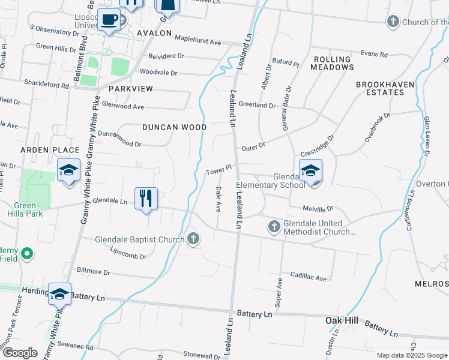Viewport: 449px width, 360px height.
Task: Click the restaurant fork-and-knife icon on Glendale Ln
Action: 145,197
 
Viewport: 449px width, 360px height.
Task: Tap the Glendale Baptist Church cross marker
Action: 193,239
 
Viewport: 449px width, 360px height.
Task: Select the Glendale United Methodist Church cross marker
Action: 274,226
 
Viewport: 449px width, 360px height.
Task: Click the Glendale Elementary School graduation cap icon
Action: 310,171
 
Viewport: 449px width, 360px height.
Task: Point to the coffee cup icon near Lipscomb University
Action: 109,19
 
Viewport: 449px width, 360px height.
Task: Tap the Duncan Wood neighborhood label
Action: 175,127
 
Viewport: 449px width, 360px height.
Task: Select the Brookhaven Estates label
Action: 385,88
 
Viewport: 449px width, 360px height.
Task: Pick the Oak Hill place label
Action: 342,320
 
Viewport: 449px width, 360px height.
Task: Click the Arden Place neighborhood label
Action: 50,149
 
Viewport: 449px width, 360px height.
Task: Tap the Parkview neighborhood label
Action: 131,88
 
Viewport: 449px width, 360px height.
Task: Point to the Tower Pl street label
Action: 218,171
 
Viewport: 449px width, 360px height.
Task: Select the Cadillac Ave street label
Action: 309,278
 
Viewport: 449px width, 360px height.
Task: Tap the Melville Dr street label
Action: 318,208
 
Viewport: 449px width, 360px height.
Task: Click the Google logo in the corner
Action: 19,353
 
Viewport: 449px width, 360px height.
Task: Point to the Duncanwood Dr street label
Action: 119,139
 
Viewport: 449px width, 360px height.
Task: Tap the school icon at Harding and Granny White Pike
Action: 59,294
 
